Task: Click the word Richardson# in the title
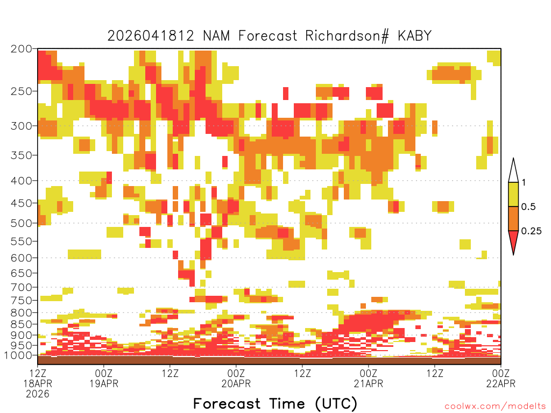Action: tap(347, 36)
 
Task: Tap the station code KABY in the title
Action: tap(414, 35)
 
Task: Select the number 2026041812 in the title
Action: tap(151, 35)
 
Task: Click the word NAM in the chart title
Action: tap(216, 35)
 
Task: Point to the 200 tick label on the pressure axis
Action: tap(22, 48)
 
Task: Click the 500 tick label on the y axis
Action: tap(22, 223)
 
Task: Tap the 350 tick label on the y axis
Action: tap(22, 155)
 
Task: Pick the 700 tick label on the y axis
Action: tap(22, 287)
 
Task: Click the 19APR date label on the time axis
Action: tap(104, 383)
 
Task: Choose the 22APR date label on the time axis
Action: tap(501, 383)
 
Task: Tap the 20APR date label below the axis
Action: tap(236, 383)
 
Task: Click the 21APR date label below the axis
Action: tap(368, 383)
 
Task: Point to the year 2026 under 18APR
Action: tap(38, 394)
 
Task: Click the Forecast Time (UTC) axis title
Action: tap(275, 403)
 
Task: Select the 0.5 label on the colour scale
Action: tap(528, 206)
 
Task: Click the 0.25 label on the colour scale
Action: tap(531, 231)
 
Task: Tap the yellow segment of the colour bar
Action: tap(513, 194)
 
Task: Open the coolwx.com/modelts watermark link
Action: tap(495, 406)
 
